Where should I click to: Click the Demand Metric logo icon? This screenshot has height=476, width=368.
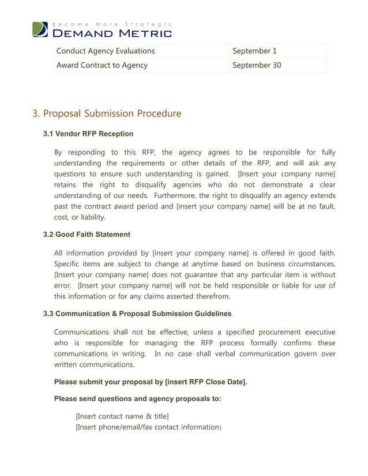pyautogui.click(x=40, y=29)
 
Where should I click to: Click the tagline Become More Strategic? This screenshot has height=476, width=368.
pyautogui.click(x=111, y=24)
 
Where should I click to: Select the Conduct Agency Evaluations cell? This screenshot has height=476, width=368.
pyautogui.click(x=105, y=51)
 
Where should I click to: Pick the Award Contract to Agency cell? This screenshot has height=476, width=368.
pyautogui.click(x=102, y=65)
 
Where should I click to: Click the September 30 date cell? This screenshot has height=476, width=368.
pyautogui.click(x=256, y=65)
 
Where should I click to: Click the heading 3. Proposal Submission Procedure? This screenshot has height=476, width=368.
pyautogui.click(x=107, y=114)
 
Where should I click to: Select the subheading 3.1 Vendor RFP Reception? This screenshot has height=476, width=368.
pyautogui.click(x=88, y=134)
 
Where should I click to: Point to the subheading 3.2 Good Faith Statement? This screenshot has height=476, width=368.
pyautogui.click(x=87, y=235)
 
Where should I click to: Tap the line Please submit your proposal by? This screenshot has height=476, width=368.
pyautogui.click(x=150, y=382)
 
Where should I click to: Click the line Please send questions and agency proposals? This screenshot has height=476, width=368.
pyautogui.click(x=137, y=399)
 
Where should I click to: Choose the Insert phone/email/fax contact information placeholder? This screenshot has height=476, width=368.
pyautogui.click(x=148, y=428)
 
